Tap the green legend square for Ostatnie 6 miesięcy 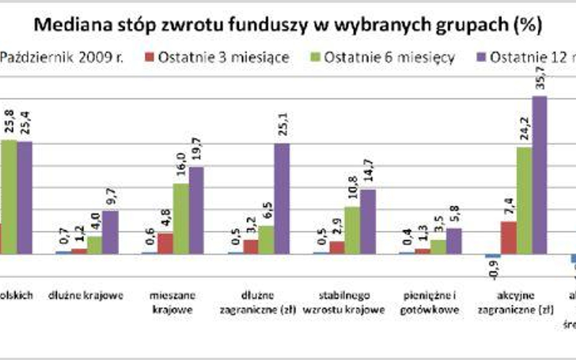pyautogui.click(x=315, y=58)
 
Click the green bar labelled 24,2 pyautogui.click(x=524, y=200)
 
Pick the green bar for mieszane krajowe pyautogui.click(x=180, y=218)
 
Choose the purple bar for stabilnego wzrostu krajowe pyautogui.click(x=368, y=221)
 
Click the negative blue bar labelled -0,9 pyautogui.click(x=493, y=256)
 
